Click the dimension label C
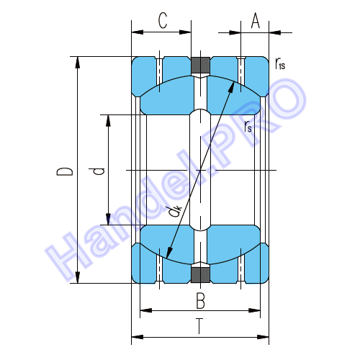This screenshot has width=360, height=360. pyautogui.click(x=163, y=20)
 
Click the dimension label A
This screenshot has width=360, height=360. pyautogui.click(x=256, y=20)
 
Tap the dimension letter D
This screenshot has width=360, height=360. pyautogui.click(x=64, y=171)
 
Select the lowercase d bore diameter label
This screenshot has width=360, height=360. pyautogui.click(x=96, y=171)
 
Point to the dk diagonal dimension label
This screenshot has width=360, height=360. pyautogui.click(x=175, y=211)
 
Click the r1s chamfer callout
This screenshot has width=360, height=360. pyautogui.click(x=280, y=63)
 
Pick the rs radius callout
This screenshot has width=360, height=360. pyautogui.click(x=248, y=127)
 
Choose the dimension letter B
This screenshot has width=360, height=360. pyautogui.click(x=200, y=300)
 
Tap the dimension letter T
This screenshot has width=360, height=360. pyautogui.click(x=199, y=326)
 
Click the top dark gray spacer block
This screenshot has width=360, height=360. pyautogui.click(x=200, y=65)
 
